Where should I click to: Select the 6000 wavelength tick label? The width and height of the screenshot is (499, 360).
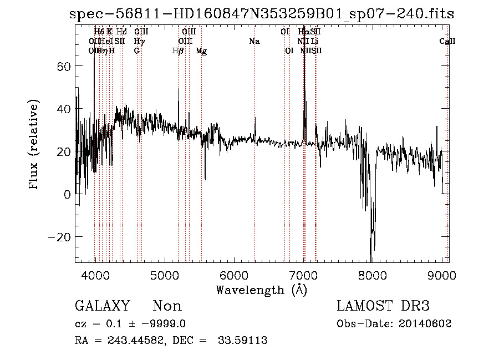click(233, 275)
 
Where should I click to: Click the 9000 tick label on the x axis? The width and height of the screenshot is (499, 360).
click(441, 275)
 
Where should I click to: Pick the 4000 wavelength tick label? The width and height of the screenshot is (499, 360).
click(95, 275)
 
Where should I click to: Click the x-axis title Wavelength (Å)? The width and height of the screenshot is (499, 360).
click(261, 290)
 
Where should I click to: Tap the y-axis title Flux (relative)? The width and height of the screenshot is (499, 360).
click(34, 145)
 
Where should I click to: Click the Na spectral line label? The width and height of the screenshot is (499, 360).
click(254, 42)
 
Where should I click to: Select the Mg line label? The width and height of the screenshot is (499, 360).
click(201, 50)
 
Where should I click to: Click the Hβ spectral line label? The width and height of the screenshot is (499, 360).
click(178, 50)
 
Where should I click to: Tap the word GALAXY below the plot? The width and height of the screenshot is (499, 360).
click(102, 306)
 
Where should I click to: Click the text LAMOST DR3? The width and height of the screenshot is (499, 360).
click(383, 306)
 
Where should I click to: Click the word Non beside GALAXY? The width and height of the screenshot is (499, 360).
click(167, 306)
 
